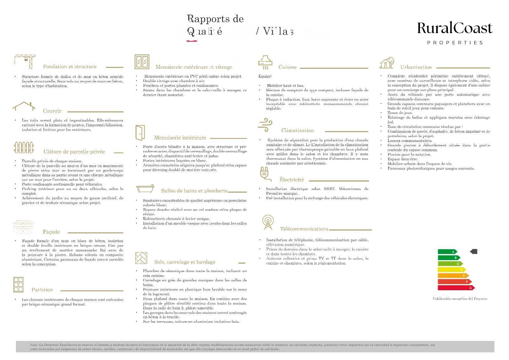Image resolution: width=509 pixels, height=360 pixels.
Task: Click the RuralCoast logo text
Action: point(455,28)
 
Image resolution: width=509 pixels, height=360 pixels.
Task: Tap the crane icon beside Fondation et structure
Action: point(24,61)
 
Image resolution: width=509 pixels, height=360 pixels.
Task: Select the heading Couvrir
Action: point(52,111)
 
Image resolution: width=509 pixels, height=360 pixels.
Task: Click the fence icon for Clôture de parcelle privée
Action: point(24,147)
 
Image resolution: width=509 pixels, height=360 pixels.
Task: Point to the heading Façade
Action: point(51,232)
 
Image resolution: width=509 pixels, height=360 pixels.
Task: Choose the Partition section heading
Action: point(42,290)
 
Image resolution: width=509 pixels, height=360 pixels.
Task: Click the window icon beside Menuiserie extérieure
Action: point(142,62)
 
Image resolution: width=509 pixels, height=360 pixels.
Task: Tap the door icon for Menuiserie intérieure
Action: point(140,133)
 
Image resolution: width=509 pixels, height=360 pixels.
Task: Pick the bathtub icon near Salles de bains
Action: point(145,189)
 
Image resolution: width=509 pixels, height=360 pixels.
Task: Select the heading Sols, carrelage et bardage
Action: point(185,262)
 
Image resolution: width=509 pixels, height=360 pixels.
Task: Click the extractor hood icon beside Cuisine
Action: point(265,62)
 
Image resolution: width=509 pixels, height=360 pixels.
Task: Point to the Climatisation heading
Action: point(297,131)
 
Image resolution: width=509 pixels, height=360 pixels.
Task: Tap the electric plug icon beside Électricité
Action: point(265,174)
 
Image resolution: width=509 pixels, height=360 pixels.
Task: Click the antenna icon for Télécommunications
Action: point(268,222)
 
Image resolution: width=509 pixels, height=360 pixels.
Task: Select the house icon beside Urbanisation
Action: point(387,63)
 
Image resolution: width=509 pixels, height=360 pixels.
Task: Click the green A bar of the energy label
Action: point(447,252)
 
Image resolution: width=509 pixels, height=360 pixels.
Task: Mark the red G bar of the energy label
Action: point(456,288)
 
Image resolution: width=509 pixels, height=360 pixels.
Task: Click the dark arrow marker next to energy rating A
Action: point(474,251)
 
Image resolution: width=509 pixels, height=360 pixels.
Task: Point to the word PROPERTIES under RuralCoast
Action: point(455,43)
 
